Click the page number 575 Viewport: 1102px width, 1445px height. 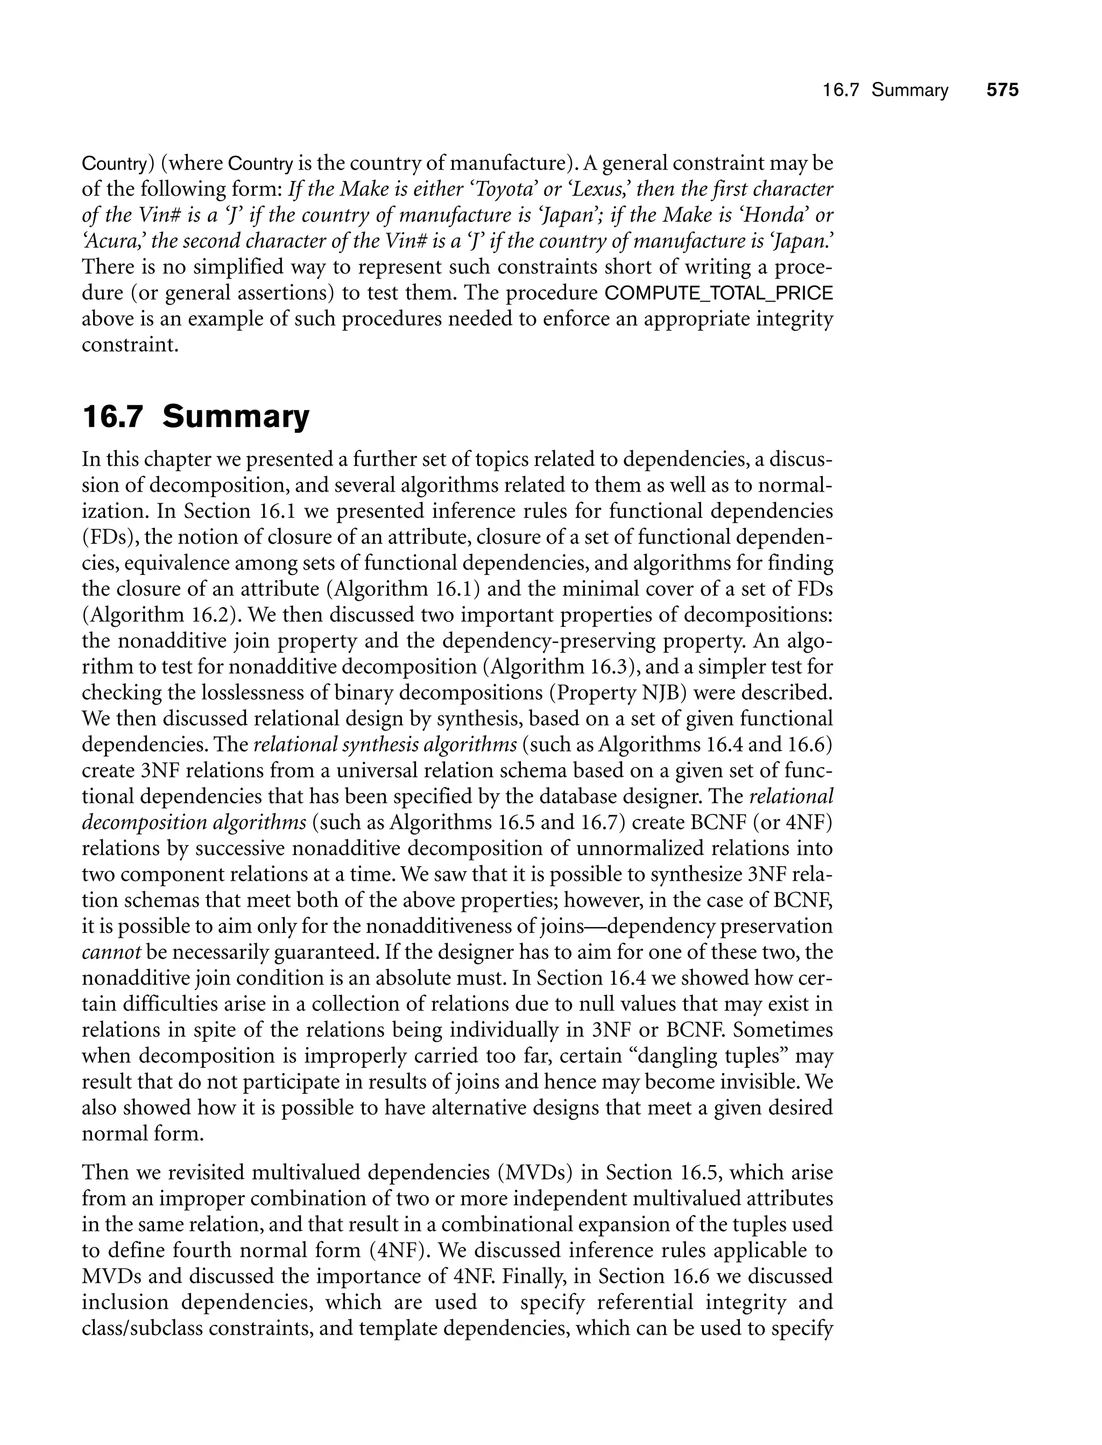(1002, 90)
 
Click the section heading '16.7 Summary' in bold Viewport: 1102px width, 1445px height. (195, 417)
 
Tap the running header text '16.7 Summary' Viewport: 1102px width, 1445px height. (886, 90)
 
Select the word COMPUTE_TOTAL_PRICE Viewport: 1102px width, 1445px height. (718, 293)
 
